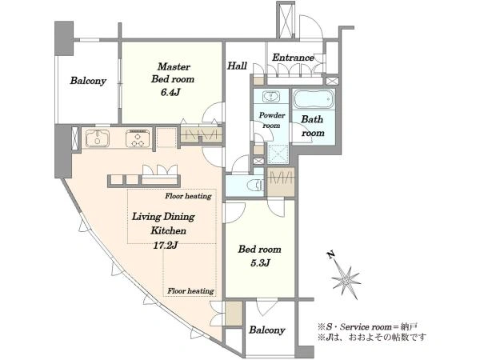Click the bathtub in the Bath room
click(x=313, y=98)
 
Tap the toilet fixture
click(x=255, y=185)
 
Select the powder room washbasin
click(x=271, y=97)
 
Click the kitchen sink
click(x=97, y=138)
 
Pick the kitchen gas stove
click(x=138, y=138)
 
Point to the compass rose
click(x=346, y=280)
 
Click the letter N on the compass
click(x=330, y=254)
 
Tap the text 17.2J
click(x=166, y=245)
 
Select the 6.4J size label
click(x=170, y=92)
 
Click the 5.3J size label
click(x=260, y=262)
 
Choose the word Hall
click(x=237, y=66)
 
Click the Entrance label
click(x=293, y=58)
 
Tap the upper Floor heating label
click(x=188, y=196)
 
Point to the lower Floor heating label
click(x=190, y=291)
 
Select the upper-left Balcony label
click(x=88, y=81)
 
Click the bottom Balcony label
click(x=267, y=330)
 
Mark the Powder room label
click(x=272, y=120)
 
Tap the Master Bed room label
click(x=173, y=73)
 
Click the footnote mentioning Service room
click(x=367, y=326)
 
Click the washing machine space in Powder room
click(x=278, y=153)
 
